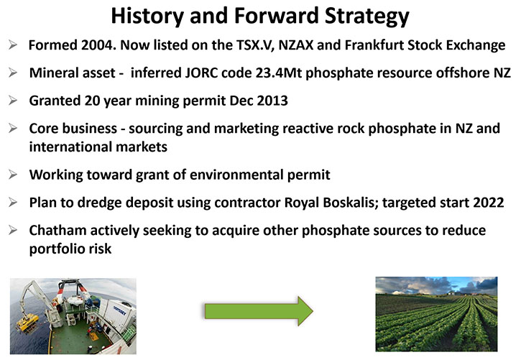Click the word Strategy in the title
366,17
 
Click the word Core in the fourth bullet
42,129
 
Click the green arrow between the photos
259,311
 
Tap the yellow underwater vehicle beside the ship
28,322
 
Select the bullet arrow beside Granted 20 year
13,101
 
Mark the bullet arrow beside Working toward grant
13,175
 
